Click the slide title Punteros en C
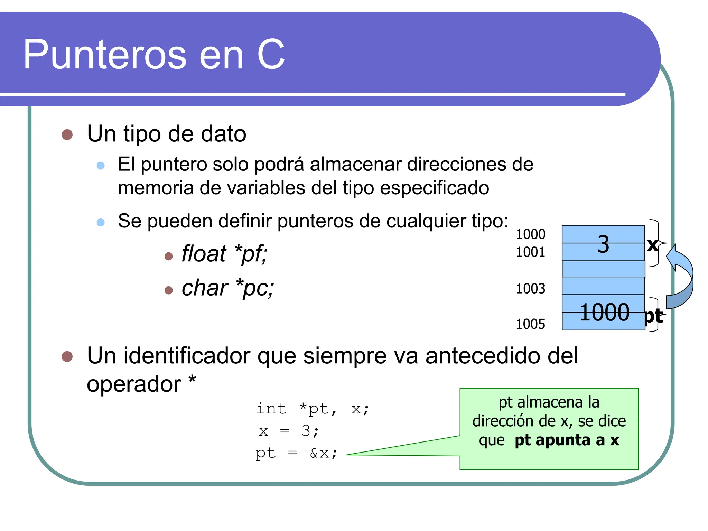(x=154, y=54)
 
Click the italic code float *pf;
(x=224, y=254)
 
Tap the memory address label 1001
(x=530, y=252)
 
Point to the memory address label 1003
(x=530, y=288)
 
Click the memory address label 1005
(x=530, y=324)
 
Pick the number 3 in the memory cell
(x=603, y=244)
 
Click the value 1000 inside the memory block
(x=604, y=312)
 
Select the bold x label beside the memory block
(x=652, y=245)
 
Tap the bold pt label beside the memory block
(x=653, y=316)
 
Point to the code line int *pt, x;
(x=313, y=409)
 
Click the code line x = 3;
(x=289, y=431)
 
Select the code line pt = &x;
(x=296, y=453)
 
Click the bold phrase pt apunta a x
(x=567, y=440)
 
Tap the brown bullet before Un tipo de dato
(x=67, y=134)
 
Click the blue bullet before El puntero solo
(x=101, y=165)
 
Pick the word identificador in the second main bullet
(x=187, y=355)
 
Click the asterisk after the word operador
(x=192, y=381)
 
